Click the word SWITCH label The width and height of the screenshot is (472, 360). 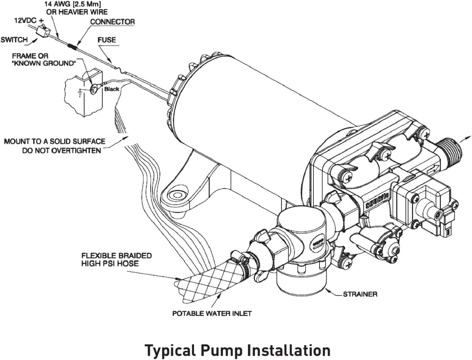(x=14, y=39)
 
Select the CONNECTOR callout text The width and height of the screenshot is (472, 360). (x=112, y=22)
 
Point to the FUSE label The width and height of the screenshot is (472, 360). (x=106, y=40)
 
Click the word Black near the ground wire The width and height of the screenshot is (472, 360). (x=111, y=89)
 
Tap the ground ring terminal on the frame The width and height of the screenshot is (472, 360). (x=94, y=89)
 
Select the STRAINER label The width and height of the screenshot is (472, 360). (x=360, y=294)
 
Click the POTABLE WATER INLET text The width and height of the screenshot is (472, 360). (x=212, y=313)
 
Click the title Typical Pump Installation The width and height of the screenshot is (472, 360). (x=238, y=350)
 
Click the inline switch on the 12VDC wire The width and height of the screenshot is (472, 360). (x=42, y=31)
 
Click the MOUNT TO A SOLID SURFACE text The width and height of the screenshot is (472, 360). (x=54, y=142)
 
